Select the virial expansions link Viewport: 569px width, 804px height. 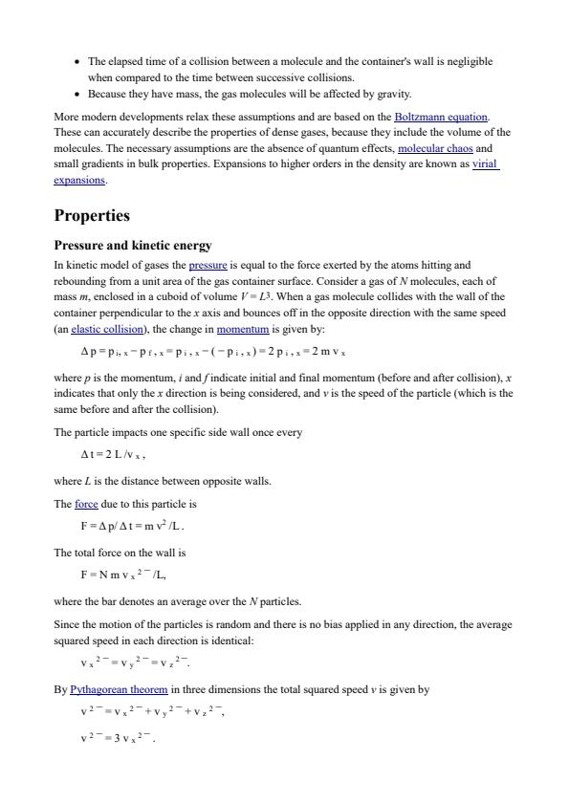coord(486,163)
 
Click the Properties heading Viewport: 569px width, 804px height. coord(92,215)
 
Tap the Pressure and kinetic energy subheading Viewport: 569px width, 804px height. coord(133,245)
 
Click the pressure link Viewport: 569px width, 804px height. coord(208,265)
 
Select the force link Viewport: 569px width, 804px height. coord(86,504)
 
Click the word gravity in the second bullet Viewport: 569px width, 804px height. coord(395,94)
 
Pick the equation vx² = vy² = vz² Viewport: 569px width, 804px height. coord(135,663)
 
